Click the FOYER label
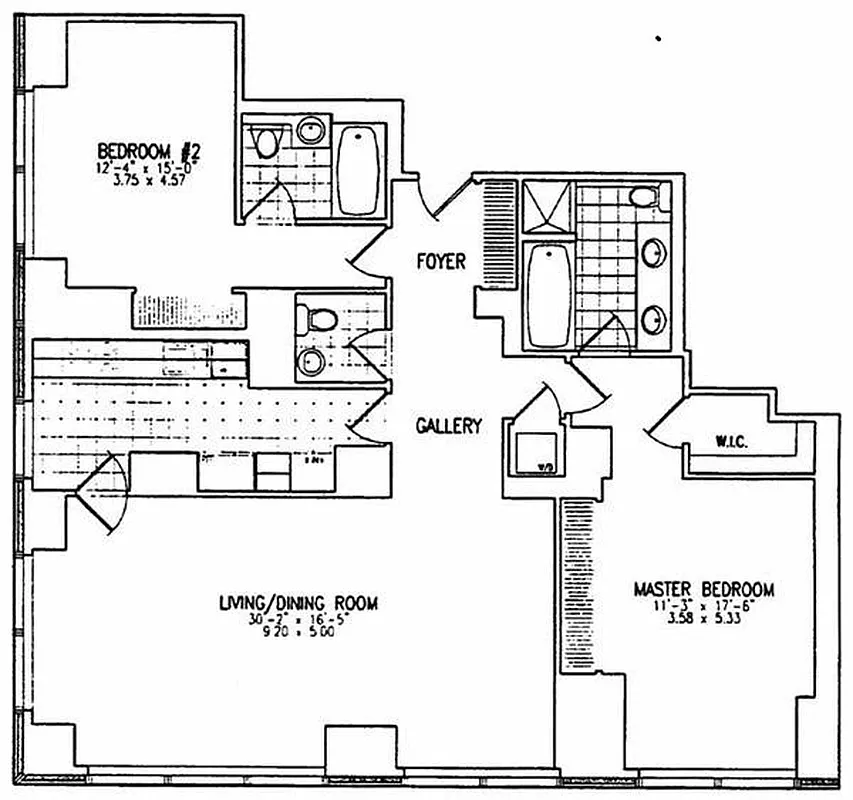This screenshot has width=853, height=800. click(x=441, y=262)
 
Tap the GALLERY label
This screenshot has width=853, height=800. click(x=448, y=426)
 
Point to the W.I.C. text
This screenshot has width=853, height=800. click(x=734, y=440)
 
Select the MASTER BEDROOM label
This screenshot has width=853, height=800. click(x=703, y=590)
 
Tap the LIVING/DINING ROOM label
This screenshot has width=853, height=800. click(x=298, y=603)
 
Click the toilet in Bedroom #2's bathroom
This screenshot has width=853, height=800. click(x=265, y=141)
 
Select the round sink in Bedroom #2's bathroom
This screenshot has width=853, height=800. click(x=312, y=129)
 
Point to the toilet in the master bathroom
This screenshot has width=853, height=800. click(x=645, y=196)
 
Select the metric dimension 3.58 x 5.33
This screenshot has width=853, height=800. click(x=703, y=620)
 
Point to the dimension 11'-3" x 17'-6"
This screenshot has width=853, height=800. click(x=703, y=606)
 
